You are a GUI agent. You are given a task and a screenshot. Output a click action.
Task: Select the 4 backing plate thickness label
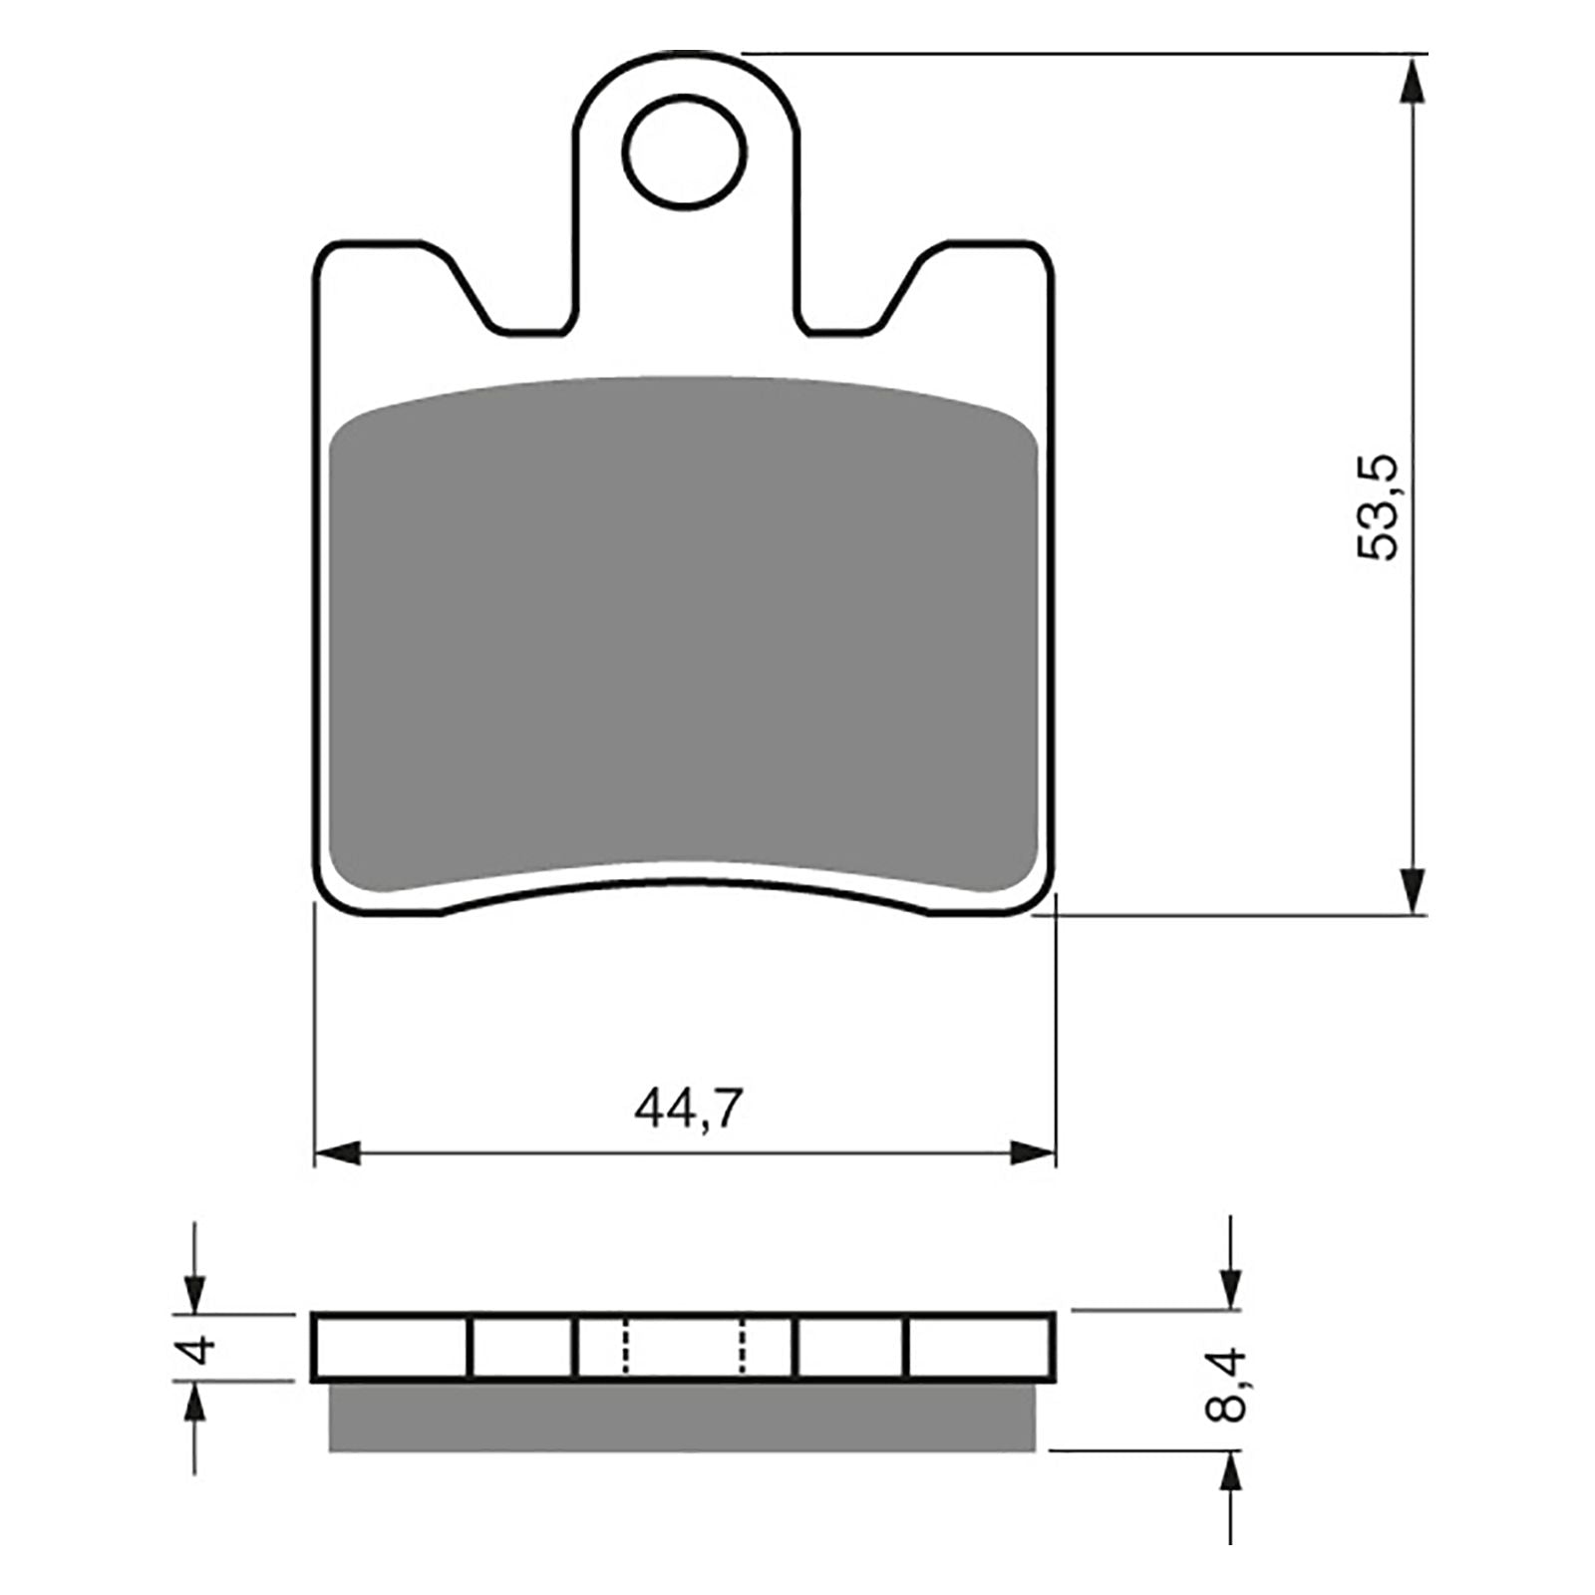point(201,1350)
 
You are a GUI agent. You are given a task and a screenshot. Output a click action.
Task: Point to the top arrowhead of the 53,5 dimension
point(1412,80)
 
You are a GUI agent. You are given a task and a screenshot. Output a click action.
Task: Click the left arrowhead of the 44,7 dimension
point(337,1154)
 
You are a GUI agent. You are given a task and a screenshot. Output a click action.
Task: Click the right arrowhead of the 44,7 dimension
point(1033,1154)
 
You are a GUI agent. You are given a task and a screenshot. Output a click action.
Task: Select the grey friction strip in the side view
point(685,1417)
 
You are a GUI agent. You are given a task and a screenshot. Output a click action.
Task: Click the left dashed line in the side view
point(626,1347)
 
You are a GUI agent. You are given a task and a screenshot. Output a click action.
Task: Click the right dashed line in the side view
point(742,1347)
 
